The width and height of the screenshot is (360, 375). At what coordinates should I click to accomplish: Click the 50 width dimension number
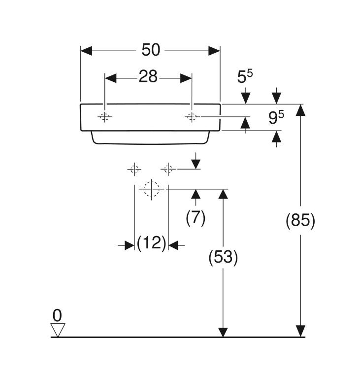pos(151,50)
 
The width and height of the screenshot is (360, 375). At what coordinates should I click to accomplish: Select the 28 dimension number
pos(148,76)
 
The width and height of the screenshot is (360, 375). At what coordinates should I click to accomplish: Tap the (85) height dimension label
pos(300,220)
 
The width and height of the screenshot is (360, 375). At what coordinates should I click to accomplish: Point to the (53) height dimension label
pos(223,257)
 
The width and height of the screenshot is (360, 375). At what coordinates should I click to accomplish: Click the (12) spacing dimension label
pos(151,243)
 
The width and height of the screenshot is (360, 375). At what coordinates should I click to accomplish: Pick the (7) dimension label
pos(196,218)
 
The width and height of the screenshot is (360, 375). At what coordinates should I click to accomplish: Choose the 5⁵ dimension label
pos(245,76)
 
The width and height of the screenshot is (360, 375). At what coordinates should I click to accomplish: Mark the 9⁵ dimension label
pos(276,117)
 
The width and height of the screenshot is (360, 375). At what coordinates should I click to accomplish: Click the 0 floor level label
pos(57,315)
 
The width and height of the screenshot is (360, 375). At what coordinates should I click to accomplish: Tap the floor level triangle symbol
pos(58,330)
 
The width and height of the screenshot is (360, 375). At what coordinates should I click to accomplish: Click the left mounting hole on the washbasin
pos(105,117)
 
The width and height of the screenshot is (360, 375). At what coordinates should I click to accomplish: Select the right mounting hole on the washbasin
pos(192,117)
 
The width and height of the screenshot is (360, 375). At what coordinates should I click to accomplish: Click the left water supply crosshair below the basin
pos(134,170)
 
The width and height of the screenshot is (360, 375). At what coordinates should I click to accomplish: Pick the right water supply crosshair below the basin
pos(168,170)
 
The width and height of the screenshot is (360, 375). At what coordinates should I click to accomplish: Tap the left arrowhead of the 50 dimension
pos(86,51)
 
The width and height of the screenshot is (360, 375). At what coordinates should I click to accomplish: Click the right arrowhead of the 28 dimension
pos(186,78)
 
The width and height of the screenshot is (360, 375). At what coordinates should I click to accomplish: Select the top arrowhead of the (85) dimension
pos(300,110)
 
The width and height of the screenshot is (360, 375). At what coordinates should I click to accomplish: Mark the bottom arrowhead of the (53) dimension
pos(223,331)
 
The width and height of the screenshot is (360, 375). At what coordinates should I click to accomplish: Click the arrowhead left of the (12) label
pos(129,245)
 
